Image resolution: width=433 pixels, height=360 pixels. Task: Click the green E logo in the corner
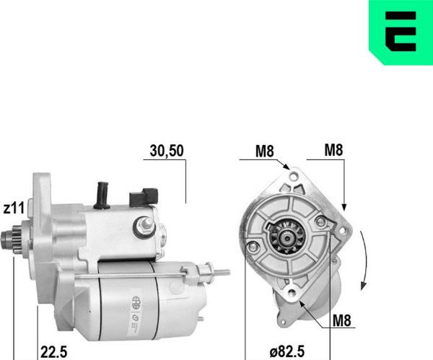tap(400, 32)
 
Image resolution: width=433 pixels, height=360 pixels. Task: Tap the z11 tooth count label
tap(14, 208)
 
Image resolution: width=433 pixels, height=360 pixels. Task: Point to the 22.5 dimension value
tap(54, 351)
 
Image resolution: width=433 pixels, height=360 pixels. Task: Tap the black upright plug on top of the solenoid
tap(102, 193)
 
